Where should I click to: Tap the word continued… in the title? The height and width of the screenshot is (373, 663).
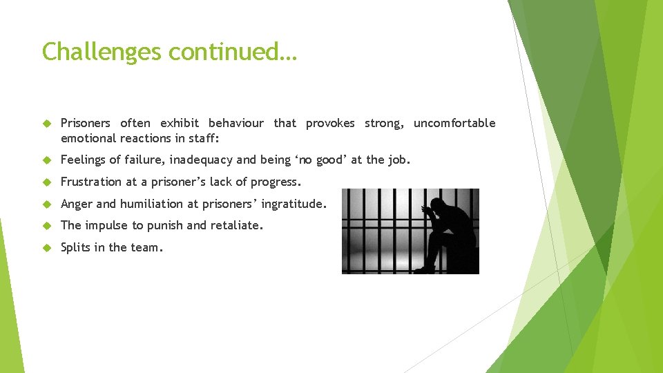[x=233, y=52]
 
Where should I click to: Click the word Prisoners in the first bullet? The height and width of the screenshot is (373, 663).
[x=85, y=123]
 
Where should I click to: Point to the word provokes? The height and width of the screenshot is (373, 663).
[x=330, y=123]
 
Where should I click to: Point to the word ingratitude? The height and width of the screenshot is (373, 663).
[x=293, y=204]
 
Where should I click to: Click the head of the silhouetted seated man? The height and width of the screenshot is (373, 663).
[x=436, y=206]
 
